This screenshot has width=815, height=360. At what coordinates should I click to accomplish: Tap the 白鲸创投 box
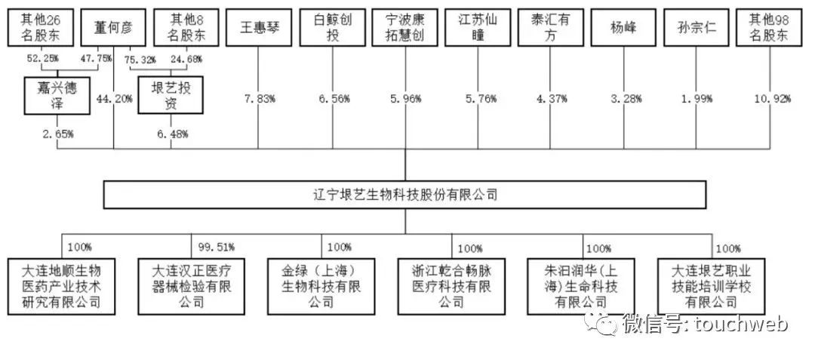click(x=329, y=28)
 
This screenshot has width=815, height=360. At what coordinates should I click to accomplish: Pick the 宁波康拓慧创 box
click(x=402, y=28)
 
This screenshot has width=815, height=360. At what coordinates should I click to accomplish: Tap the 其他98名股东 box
click(x=768, y=28)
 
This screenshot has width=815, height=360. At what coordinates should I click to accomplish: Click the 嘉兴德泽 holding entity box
click(x=54, y=95)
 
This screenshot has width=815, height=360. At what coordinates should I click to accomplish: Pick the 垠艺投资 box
click(x=170, y=95)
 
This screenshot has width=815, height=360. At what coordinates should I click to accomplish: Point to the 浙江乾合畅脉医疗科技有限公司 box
click(x=450, y=285)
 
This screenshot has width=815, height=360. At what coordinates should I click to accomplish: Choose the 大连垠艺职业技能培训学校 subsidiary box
click(x=710, y=285)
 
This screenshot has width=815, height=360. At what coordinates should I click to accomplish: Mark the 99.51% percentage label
click(x=217, y=247)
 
